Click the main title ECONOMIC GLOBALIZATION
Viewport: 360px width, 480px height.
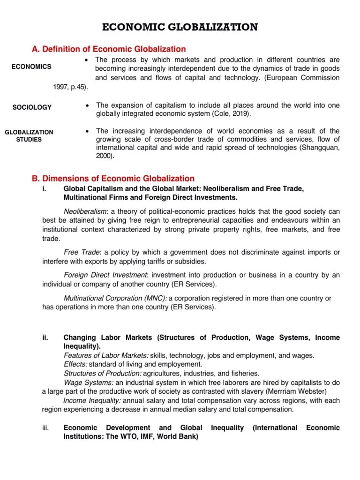tap(180, 28)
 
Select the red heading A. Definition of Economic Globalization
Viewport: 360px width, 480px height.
tap(108, 49)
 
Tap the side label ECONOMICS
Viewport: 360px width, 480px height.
tap(31, 67)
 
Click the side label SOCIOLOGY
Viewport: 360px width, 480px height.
tap(32, 107)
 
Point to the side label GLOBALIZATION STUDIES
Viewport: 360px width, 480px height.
tap(29, 135)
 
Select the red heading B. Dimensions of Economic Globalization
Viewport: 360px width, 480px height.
tap(112, 178)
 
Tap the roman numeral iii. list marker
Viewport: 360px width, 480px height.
tap(45, 427)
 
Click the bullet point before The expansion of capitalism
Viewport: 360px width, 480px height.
tap(88, 105)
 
